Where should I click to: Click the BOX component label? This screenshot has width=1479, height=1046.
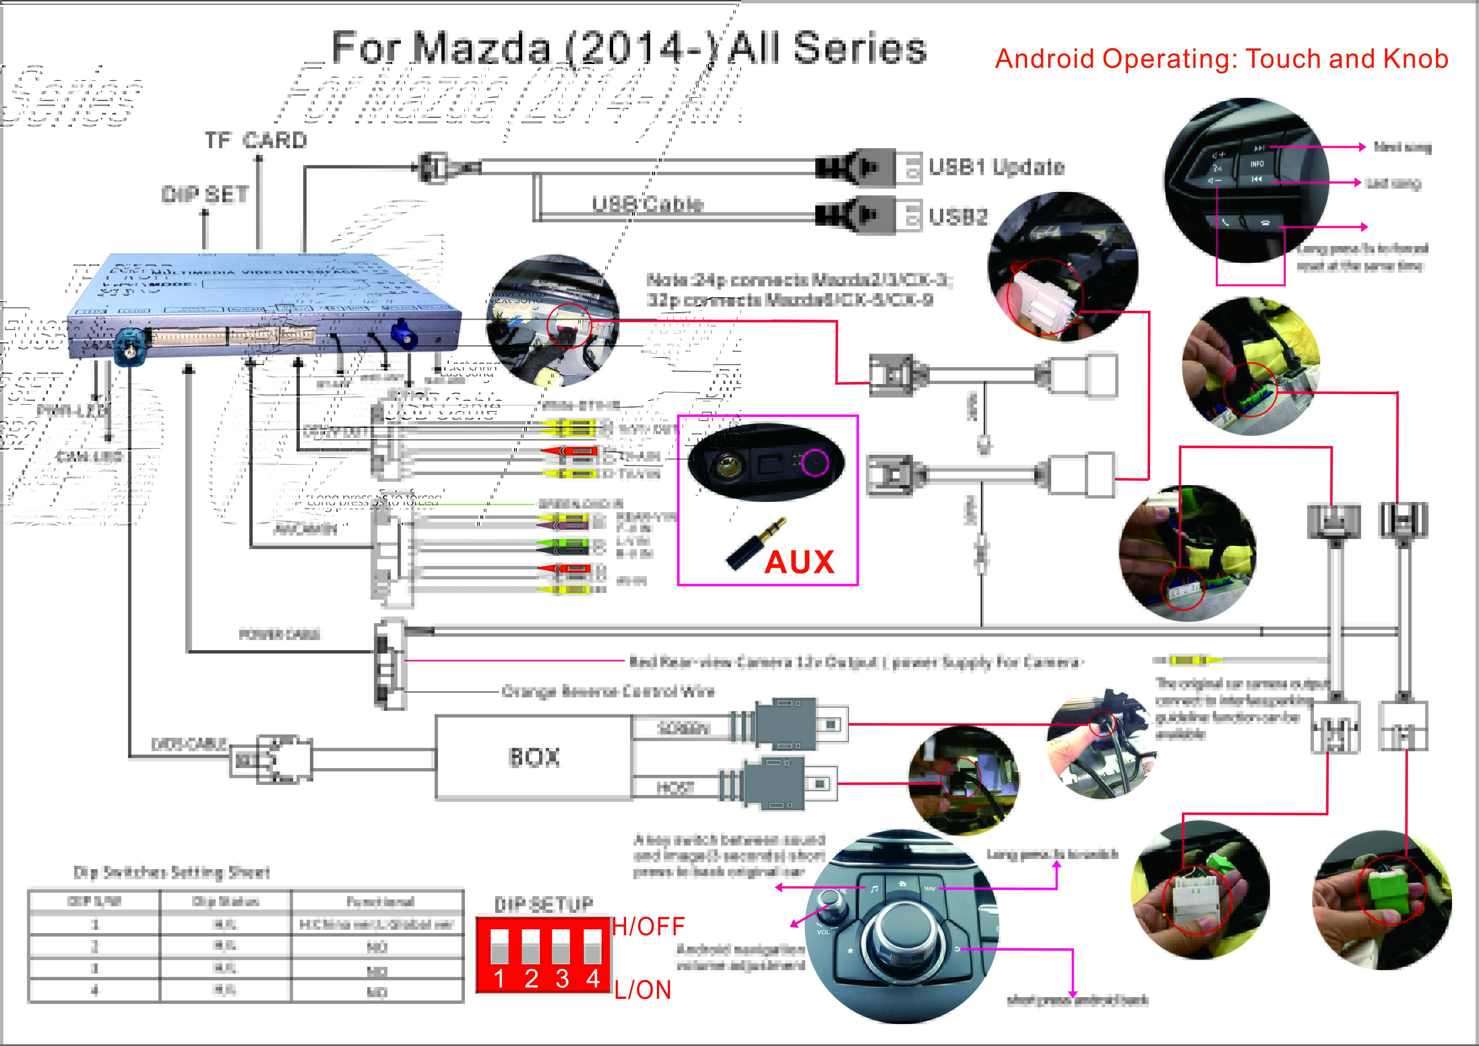(534, 758)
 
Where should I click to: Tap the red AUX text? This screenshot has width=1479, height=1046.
(799, 562)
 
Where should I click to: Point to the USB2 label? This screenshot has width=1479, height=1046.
(958, 216)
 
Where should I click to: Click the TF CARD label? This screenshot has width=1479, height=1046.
(256, 140)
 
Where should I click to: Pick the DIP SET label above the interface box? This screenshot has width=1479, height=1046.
(205, 195)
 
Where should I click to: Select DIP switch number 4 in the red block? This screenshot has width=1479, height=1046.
(593, 947)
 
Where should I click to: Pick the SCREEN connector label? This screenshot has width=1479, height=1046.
(683, 728)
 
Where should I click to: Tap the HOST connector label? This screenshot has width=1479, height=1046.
(675, 787)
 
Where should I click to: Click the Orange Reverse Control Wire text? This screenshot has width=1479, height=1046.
(608, 692)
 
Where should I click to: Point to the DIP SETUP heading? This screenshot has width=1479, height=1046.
(543, 904)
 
